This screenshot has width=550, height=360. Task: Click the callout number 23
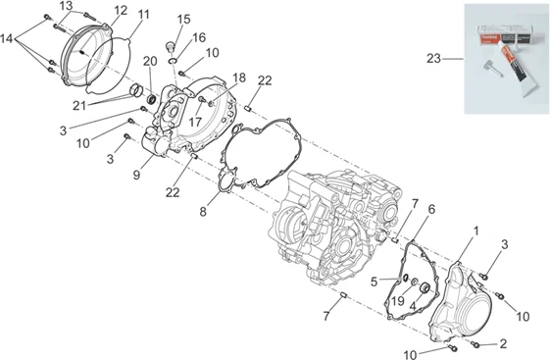coord(433,58)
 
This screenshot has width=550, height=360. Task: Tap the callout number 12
coord(121,11)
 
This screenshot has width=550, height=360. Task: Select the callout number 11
coord(143,15)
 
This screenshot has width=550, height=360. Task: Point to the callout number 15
coord(183,20)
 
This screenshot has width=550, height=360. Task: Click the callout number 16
coord(199,37)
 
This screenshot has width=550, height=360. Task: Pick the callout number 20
coord(150,62)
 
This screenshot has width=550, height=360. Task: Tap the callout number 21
coord(79,105)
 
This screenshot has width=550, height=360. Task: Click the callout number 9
coord(137,175)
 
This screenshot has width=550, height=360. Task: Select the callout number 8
coord(203,212)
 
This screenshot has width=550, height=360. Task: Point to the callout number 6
coord(431,210)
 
